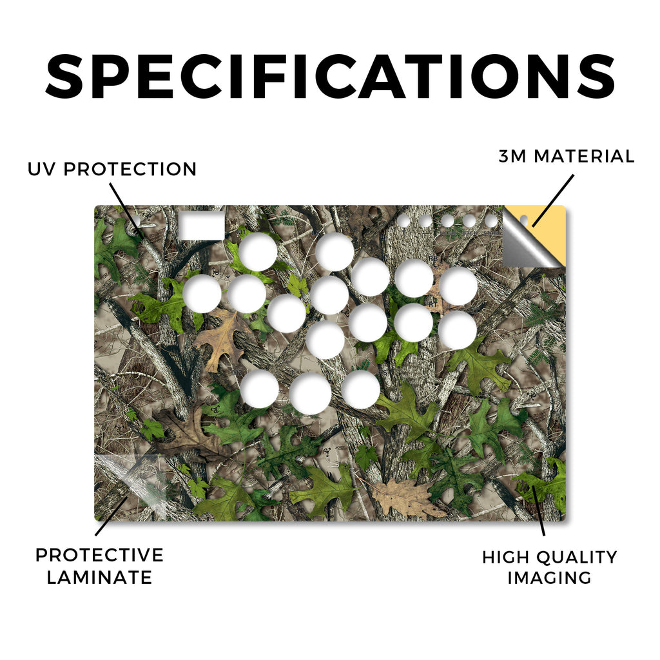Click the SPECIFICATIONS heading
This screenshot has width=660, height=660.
[x=331, y=77]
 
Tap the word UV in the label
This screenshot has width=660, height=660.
[x=41, y=170]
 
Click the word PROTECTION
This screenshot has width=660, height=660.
[x=130, y=170]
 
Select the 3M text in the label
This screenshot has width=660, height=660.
[x=512, y=156]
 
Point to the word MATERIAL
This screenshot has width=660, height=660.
[x=584, y=156]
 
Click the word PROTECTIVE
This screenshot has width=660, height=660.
[x=99, y=555]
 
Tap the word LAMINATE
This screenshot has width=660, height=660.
[x=99, y=577]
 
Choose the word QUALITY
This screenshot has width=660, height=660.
[x=577, y=558]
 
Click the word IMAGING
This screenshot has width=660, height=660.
[x=549, y=577]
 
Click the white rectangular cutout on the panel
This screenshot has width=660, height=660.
[x=202, y=226]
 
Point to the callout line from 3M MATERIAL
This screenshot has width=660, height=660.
[x=552, y=201]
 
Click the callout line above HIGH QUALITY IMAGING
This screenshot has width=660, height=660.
[x=539, y=510]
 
